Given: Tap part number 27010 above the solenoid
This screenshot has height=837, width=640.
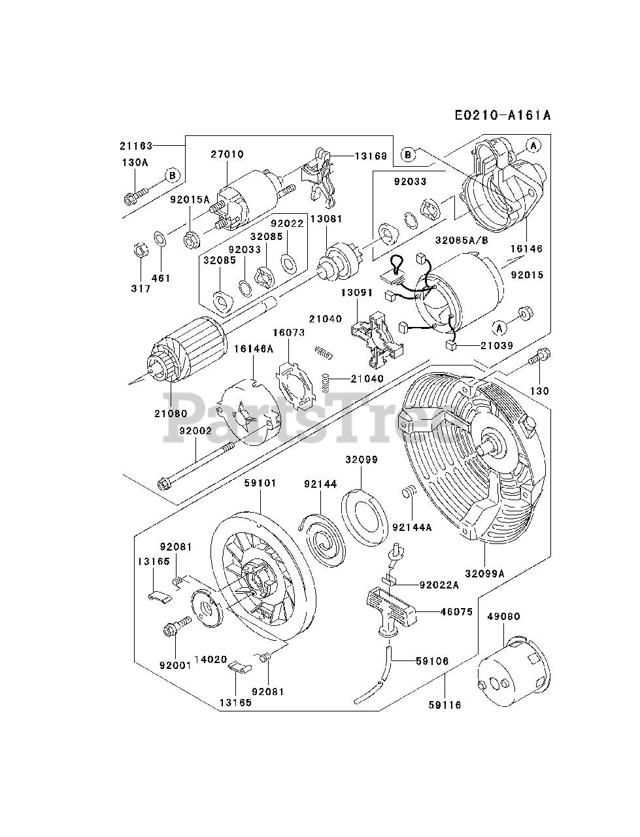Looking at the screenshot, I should [227, 155].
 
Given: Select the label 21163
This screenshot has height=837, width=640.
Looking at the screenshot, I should [136, 146].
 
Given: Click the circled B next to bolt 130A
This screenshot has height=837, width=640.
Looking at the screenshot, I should [172, 175].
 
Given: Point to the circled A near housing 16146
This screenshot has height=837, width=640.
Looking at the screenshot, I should [533, 145].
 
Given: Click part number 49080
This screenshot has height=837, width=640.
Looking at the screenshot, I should [503, 616].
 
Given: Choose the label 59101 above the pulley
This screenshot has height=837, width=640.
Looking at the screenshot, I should [260, 483].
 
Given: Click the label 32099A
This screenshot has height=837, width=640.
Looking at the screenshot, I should [484, 573].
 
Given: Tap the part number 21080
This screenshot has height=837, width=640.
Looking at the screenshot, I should [171, 413].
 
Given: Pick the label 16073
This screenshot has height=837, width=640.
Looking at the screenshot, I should [289, 333].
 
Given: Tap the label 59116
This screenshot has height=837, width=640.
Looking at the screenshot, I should [445, 704].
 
